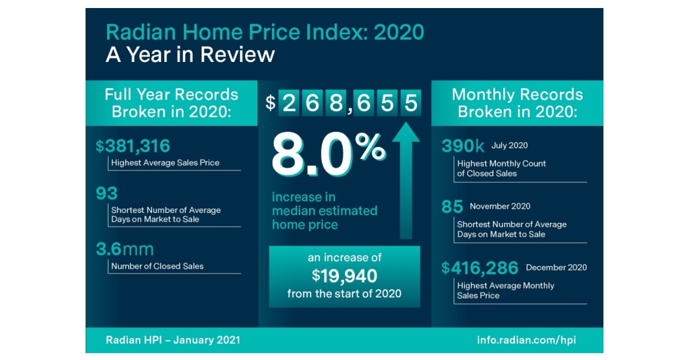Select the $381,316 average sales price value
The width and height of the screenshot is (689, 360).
point(133,146)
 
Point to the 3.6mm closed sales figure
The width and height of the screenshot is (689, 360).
point(125,249)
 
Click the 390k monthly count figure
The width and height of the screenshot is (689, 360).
point(463,146)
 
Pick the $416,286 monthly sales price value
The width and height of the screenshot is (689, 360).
point(480,268)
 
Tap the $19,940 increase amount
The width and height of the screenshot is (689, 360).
point(344,276)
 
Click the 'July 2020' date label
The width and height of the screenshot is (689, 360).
point(509,146)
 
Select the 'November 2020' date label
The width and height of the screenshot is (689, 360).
point(500,207)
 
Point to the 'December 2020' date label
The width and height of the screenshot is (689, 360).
point(556,268)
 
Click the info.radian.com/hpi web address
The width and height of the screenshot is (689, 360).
point(526,340)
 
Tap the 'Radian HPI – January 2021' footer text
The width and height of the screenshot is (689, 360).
point(173,340)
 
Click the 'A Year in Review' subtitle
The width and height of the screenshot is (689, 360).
point(190,55)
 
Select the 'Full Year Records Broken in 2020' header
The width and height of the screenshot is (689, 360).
point(171,103)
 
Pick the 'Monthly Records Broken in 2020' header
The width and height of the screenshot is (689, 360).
point(517,103)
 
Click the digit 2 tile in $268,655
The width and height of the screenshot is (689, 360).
point(289,103)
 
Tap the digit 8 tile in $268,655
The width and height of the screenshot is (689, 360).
point(336,103)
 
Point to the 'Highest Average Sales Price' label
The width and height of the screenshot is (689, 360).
point(165,163)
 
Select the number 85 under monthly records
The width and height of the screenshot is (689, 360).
point(452,207)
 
